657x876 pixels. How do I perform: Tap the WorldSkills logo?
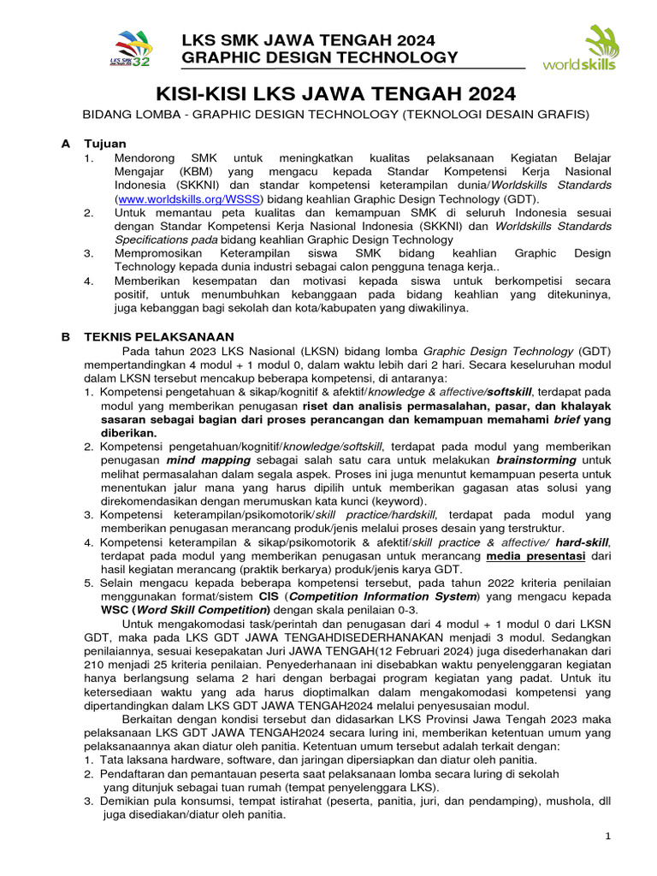(589, 50)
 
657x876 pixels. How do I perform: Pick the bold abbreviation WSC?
(118, 609)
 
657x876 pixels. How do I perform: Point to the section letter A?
(65, 144)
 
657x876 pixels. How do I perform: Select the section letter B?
(65, 337)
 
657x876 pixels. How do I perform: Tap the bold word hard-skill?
(583, 543)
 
